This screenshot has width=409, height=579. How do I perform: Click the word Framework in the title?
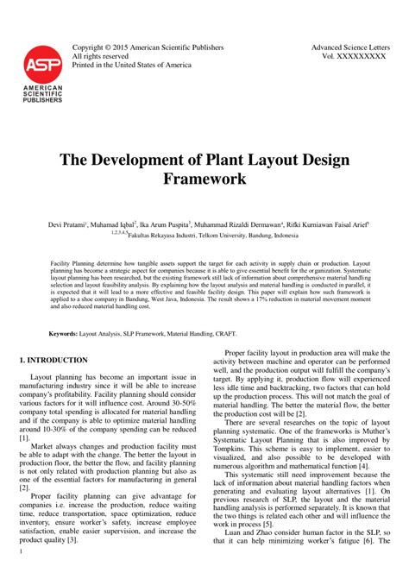[204, 180]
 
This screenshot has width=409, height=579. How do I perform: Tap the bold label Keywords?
[63, 332]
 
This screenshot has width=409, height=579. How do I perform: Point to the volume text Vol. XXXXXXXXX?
[355, 58]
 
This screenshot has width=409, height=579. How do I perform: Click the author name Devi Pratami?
[68, 224]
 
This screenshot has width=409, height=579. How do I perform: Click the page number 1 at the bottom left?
[20, 570]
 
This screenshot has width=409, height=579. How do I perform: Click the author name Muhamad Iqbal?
[118, 224]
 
